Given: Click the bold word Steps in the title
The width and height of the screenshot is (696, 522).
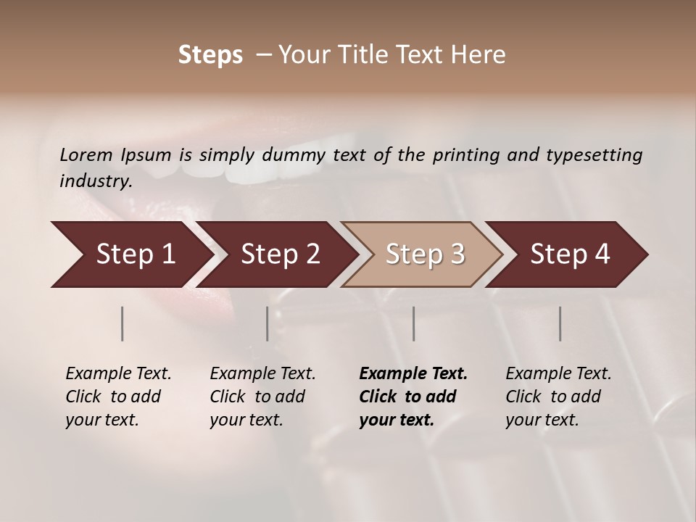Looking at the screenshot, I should [210, 55].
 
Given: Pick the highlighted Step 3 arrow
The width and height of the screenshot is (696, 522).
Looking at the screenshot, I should [425, 254].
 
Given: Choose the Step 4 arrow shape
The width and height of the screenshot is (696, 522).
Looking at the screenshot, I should [570, 254].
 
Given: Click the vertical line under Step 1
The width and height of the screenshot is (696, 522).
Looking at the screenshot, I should [123, 323].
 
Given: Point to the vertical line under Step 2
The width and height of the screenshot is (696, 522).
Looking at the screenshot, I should [268, 323].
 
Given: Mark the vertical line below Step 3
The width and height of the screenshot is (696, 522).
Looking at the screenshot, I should [414, 323].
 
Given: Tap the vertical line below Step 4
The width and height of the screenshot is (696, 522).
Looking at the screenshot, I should [560, 323].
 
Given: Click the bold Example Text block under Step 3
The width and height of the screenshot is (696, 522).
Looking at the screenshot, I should [413, 397].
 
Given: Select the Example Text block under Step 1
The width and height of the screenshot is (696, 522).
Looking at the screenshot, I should [118, 397].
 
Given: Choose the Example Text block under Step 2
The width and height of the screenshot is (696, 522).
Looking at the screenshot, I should [262, 397].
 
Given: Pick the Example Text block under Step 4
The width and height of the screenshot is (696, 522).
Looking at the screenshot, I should [558, 397].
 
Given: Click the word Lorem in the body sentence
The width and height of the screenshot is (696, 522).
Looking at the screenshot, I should [86, 154].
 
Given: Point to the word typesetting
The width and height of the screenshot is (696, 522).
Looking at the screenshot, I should [594, 155].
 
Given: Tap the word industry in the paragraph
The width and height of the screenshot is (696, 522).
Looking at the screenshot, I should [95, 181].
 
